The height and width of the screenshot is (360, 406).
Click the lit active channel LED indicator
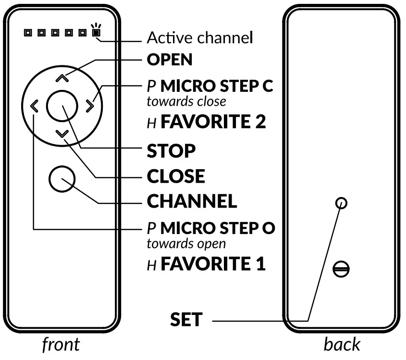(97, 33)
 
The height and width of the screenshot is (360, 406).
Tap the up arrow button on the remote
(61, 77)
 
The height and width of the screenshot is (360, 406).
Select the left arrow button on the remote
(33, 106)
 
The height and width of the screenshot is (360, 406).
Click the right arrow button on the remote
(90, 106)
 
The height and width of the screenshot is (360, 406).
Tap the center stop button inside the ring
(62, 106)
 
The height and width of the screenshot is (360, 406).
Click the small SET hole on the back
(341, 202)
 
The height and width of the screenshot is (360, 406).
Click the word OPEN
(170, 60)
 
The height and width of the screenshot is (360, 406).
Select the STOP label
(171, 151)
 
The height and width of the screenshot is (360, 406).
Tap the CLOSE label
(176, 176)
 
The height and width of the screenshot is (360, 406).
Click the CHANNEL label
(192, 201)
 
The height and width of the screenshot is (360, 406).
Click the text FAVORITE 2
(213, 122)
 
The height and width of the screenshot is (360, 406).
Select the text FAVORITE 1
(213, 264)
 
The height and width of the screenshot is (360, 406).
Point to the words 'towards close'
(185, 102)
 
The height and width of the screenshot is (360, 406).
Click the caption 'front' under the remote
(61, 345)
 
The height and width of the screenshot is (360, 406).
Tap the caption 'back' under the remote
(342, 345)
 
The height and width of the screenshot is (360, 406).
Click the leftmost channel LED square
(28, 33)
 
